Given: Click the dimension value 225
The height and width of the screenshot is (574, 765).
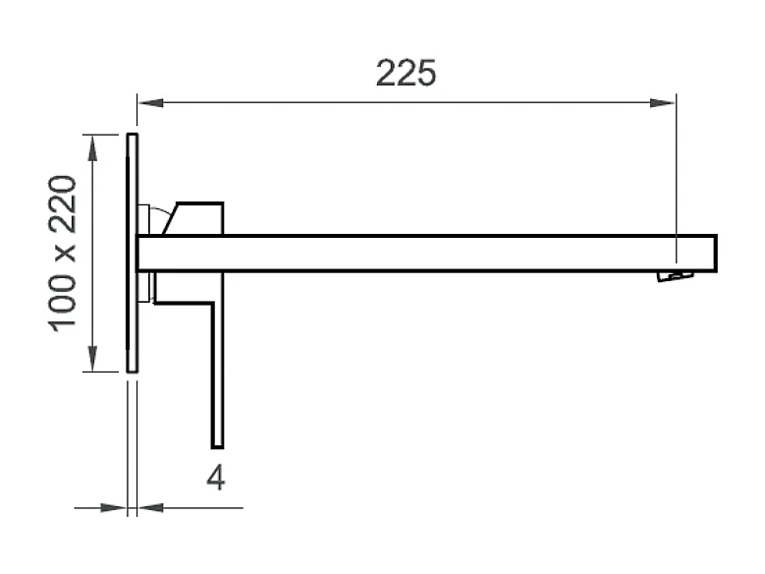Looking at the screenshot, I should pyautogui.click(x=406, y=73).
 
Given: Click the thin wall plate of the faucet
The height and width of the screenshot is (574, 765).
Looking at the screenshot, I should pyautogui.click(x=133, y=253).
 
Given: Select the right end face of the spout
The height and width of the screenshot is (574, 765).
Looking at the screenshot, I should pyautogui.click(x=715, y=253).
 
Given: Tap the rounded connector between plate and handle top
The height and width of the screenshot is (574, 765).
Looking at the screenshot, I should pyautogui.click(x=145, y=218).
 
